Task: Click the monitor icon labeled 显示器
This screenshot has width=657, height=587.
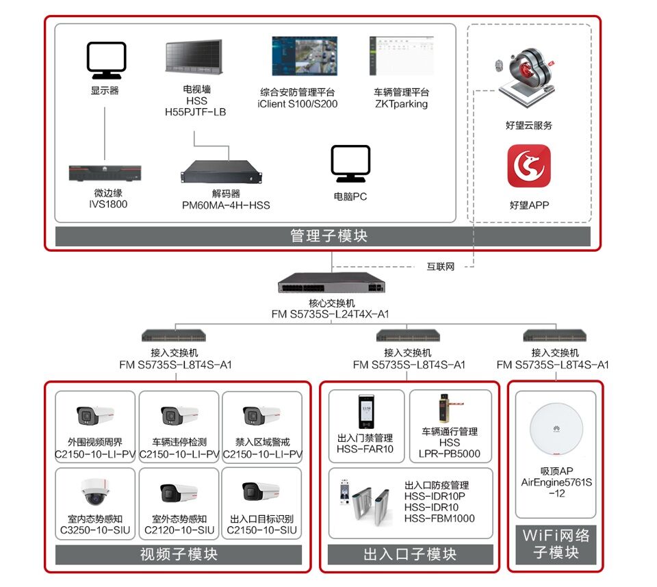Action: [106, 60]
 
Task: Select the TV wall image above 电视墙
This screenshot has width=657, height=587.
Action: [194, 57]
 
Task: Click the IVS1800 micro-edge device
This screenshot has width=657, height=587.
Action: [105, 172]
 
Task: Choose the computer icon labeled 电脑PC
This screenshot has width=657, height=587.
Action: [350, 164]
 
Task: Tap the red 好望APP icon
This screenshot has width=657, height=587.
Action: [529, 166]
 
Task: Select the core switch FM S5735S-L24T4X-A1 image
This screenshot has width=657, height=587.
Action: [332, 283]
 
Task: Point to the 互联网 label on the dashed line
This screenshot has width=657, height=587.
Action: [441, 267]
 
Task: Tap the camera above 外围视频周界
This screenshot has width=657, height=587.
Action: [95, 415]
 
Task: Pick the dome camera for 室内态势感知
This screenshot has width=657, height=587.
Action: [95, 490]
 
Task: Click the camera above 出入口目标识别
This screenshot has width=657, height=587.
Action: [261, 491]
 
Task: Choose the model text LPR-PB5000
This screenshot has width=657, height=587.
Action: [450, 454]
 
